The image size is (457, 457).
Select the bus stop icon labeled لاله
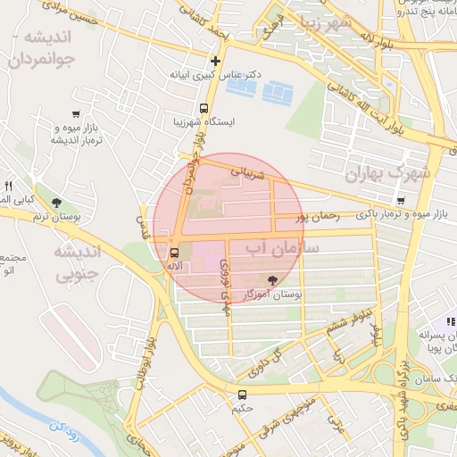pyautogui.click(x=172, y=252)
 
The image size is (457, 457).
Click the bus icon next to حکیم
pyautogui.click(x=242, y=394)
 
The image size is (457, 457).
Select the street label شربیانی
pyautogui.click(x=248, y=169)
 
